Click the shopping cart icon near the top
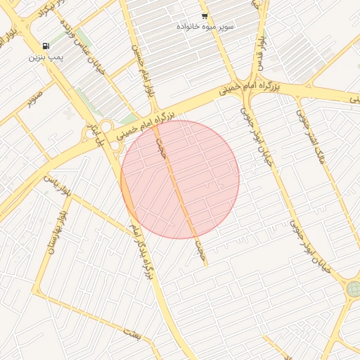[x=205, y=16]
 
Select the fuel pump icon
[x=46, y=46]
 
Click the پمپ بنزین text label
[x=46, y=57]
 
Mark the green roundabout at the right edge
[x=353, y=289]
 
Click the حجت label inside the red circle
[x=162, y=149]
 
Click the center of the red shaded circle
[x=180, y=179]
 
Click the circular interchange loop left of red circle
[x=106, y=128]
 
